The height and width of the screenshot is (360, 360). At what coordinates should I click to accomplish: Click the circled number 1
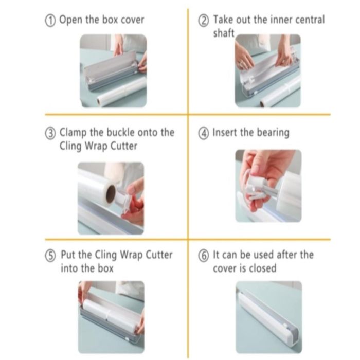[x=50, y=21]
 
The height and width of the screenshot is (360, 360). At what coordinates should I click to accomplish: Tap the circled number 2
[x=204, y=21]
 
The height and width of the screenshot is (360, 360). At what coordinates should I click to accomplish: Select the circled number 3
[x=50, y=134]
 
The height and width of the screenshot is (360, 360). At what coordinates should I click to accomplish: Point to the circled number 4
[x=204, y=134]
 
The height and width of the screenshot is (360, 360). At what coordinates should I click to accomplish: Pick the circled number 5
[x=50, y=256]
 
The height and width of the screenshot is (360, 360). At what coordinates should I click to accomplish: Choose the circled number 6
[x=204, y=256]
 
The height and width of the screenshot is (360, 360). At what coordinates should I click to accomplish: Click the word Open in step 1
[x=71, y=20]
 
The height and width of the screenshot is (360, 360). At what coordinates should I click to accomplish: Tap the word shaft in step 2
[x=224, y=33]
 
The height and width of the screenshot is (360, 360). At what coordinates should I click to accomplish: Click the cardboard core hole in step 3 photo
[x=111, y=194]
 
